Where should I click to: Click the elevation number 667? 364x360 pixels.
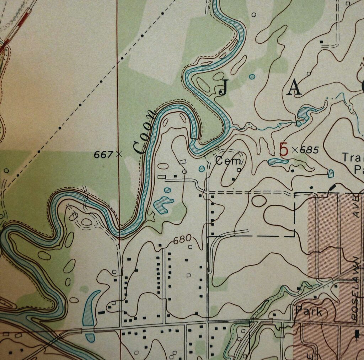pos(103,154)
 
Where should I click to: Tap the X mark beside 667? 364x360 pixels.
pos(119,154)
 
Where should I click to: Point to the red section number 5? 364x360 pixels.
pos(284,150)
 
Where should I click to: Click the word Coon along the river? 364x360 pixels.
pos(145,133)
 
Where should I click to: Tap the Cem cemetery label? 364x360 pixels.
pos(229,161)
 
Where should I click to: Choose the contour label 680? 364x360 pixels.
pos(183,239)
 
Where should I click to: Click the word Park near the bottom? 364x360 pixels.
pos(309,312)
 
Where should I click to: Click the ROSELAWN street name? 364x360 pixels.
pos(355,290)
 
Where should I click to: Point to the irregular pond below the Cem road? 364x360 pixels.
pos(162,204)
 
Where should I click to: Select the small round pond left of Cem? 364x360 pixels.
pos(202,168)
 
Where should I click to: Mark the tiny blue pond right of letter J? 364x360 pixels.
pos(252,76)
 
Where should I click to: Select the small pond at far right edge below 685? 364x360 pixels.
pos(331,173)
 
